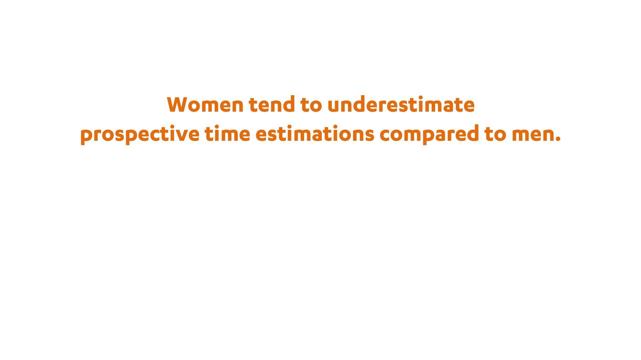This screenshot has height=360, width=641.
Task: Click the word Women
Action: [205, 104]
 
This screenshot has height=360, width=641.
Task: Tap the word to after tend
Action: [311, 105]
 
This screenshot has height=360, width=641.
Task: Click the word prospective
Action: [140, 134]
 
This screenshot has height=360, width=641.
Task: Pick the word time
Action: [227, 133]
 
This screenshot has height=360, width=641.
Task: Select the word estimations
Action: [315, 133]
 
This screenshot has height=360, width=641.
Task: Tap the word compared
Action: [429, 134]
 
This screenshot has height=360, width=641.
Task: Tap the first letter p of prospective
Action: [86, 136]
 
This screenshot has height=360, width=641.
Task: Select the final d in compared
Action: [472, 133]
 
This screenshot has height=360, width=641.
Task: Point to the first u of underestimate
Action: [334, 106]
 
